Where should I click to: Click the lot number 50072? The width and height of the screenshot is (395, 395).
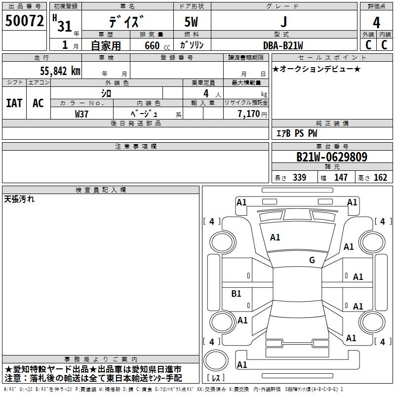(24, 21)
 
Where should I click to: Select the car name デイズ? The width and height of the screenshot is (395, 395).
(127, 22)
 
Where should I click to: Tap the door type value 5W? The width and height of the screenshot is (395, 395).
(192, 22)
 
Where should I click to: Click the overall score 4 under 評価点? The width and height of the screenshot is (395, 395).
(377, 23)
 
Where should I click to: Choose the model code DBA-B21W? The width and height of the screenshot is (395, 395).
(283, 45)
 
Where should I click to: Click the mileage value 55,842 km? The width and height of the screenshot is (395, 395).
(55, 71)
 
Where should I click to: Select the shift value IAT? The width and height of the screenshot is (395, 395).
(14, 103)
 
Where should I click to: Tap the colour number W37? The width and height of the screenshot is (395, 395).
(82, 114)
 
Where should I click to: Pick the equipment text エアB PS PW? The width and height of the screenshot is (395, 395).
(296, 133)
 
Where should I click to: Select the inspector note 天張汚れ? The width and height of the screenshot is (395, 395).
(19, 199)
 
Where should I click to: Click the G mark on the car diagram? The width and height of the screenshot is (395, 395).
(312, 260)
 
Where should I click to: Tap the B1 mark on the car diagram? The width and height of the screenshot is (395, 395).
(236, 294)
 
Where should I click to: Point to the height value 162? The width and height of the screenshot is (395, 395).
(380, 177)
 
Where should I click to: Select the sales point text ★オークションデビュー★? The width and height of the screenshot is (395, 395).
(316, 69)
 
